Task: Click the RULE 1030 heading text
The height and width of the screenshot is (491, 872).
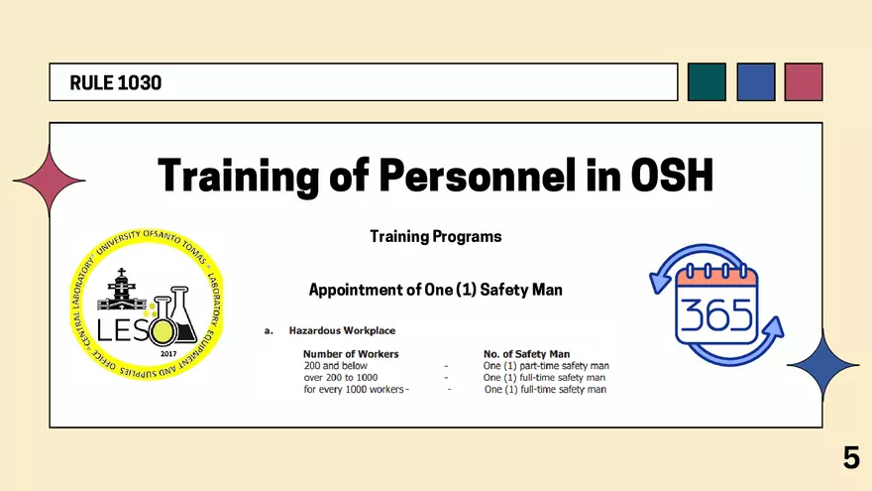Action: [x=116, y=83]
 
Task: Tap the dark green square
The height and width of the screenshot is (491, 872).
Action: [x=707, y=81]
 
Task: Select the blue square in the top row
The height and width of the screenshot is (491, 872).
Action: [x=756, y=81]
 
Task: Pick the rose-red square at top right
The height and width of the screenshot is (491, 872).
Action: [x=804, y=81]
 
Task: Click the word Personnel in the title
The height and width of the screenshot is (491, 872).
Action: [x=478, y=176]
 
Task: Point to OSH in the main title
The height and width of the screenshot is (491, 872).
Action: [x=672, y=176]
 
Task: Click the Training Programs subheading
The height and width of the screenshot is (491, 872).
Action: [x=436, y=237]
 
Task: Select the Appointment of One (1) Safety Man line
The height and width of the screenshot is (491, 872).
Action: [x=436, y=290]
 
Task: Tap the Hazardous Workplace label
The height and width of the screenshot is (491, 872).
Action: [x=342, y=330]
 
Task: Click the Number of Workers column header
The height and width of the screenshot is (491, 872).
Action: [x=351, y=354]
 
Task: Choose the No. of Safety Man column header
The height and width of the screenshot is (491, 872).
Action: [x=526, y=354]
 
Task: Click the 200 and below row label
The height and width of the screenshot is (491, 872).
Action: [x=335, y=366]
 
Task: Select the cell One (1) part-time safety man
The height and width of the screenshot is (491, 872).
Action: [x=546, y=366]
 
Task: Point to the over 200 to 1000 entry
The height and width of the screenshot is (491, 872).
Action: [x=340, y=378]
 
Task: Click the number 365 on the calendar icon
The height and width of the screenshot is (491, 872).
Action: [x=716, y=315]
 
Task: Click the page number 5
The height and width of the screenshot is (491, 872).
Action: [x=851, y=457]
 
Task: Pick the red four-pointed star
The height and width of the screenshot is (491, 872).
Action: [x=49, y=181]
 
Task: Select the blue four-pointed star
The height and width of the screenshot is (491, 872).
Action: [x=823, y=365]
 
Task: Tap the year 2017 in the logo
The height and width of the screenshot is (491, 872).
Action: [x=168, y=353]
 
